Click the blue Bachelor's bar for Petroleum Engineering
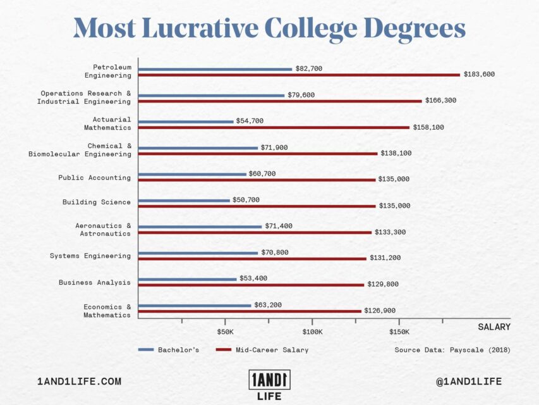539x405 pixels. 215,69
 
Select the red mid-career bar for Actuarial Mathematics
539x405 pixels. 274,127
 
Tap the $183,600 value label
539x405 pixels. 479,75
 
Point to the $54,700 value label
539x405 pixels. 250,121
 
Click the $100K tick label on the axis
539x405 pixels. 312,332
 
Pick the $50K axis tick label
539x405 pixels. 226,332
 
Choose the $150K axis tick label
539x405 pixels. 399,332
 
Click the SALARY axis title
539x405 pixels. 494,327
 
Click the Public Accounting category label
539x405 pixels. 94,178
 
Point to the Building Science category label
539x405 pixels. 96,202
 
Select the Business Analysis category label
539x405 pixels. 95,282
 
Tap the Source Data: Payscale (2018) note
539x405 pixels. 452,350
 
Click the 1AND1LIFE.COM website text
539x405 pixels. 80,382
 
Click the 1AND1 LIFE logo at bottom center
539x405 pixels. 269,385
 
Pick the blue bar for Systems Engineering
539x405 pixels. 198,253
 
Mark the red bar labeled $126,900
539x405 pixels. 250,311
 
